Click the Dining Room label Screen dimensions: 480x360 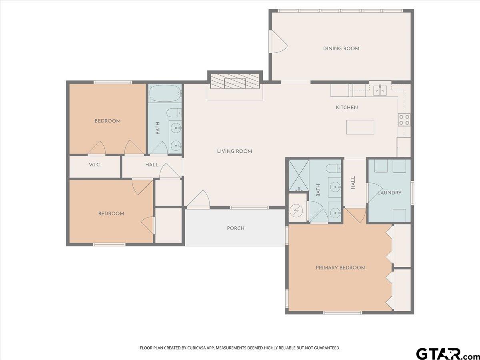coord(341,48)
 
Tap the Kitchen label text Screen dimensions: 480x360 coord(347,108)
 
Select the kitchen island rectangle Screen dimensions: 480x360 coord(360,127)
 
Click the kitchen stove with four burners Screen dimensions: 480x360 coord(404,120)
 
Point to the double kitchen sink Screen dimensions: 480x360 coord(380,90)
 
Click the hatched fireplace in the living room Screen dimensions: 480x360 coord(235,81)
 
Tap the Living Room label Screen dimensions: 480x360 coord(234,151)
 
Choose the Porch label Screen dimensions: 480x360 coord(236,228)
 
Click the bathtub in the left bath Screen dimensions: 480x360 coord(165,93)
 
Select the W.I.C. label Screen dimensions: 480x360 coord(95,164)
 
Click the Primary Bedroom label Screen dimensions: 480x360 coord(340,268)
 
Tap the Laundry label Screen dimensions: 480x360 coord(390,193)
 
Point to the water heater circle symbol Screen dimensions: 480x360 coord(296,211)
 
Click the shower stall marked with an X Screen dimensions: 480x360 coord(299,175)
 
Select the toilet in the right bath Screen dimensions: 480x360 coord(334,168)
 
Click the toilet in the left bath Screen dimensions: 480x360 coord(174,113)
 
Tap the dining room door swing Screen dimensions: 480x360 coord(280,42)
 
